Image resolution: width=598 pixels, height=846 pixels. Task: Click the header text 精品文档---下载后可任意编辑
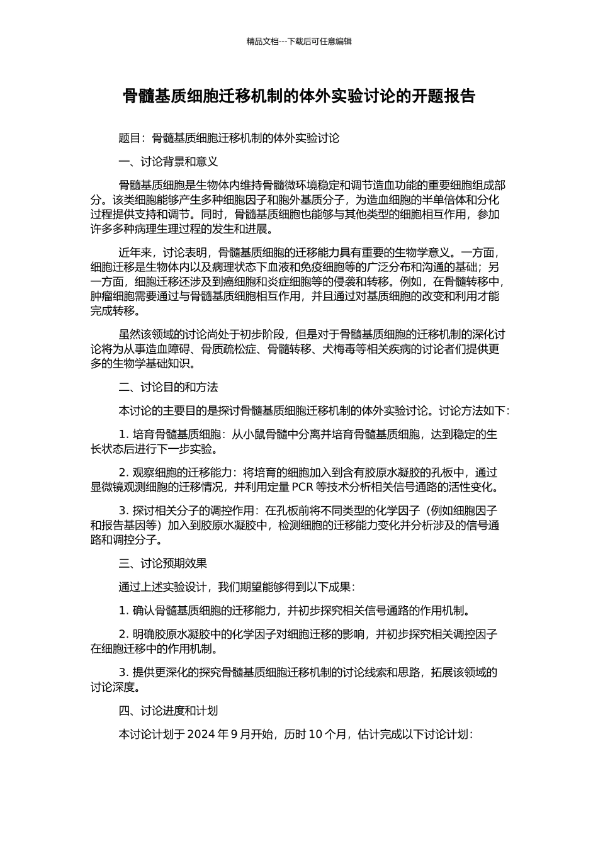pos(299,42)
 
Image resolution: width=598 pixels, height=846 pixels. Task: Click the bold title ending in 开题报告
pos(299,96)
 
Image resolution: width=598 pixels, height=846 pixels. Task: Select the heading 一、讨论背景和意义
pos(168,162)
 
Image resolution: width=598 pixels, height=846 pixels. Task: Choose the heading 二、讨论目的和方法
pos(168,386)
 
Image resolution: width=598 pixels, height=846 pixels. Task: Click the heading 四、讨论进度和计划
pos(168,711)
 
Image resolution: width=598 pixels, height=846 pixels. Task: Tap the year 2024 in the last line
pos(201,735)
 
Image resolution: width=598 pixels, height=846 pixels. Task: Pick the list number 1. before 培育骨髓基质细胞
pos(123,434)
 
